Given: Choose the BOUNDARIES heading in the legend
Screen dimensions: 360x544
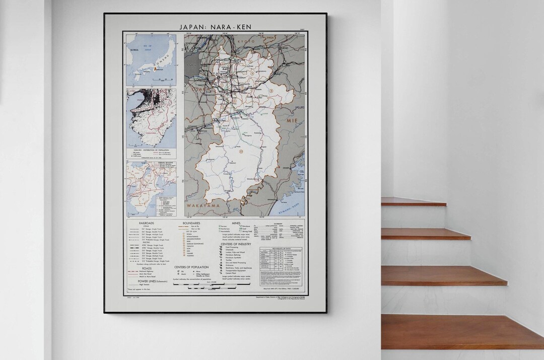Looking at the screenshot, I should tap(191, 223).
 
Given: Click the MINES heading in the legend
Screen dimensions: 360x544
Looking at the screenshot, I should tap(236, 223).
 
